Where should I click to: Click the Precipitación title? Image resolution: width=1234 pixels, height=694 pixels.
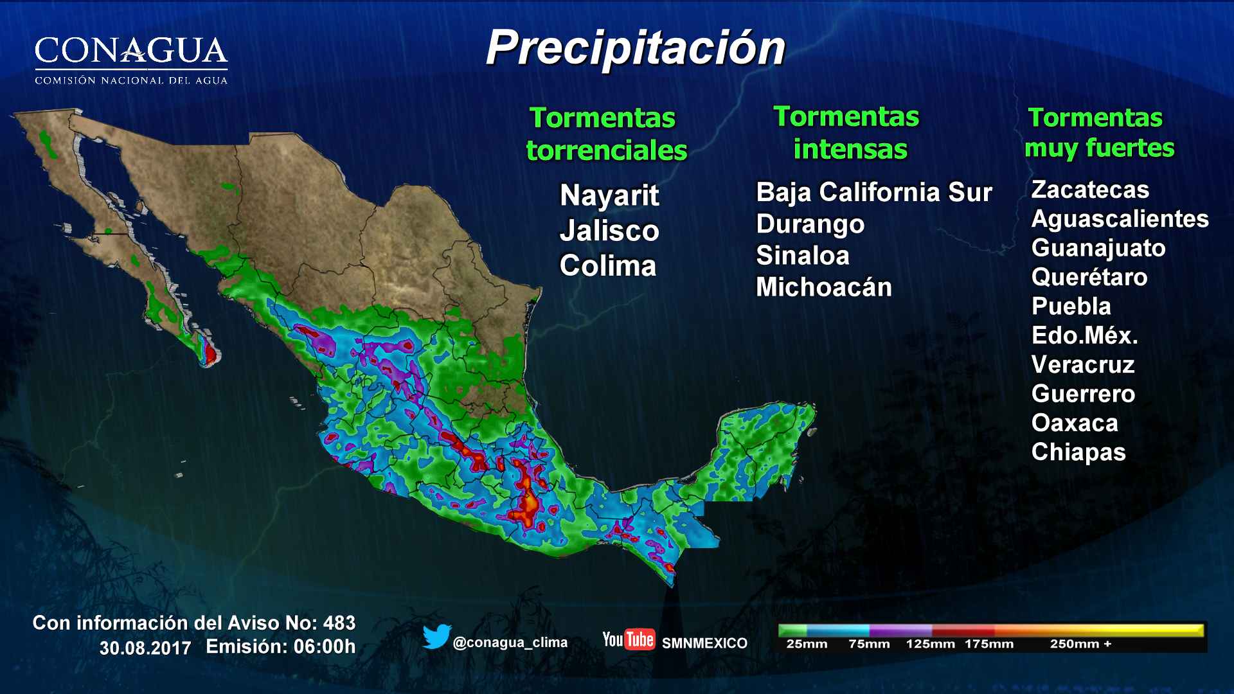pyautogui.click(x=635, y=49)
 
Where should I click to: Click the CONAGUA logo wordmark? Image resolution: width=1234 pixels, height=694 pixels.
pyautogui.click(x=131, y=51)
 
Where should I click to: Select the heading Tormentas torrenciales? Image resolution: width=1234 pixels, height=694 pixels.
pyautogui.click(x=606, y=134)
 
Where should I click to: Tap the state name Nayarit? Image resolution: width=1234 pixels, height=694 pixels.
pyautogui.click(x=609, y=195)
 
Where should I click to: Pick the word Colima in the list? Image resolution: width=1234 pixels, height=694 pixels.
pyautogui.click(x=607, y=266)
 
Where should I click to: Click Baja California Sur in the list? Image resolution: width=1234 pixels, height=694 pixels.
pyautogui.click(x=873, y=192)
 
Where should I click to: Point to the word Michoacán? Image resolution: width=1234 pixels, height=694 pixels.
pyautogui.click(x=823, y=287)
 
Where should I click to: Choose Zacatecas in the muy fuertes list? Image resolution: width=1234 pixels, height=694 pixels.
pyautogui.click(x=1089, y=190)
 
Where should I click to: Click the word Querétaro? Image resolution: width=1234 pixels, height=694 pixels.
pyautogui.click(x=1089, y=277)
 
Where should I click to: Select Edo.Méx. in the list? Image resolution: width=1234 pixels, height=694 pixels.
pyautogui.click(x=1084, y=335)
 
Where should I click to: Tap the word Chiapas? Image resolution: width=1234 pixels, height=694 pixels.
pyautogui.click(x=1078, y=452)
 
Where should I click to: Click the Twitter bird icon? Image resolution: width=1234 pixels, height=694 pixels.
pyautogui.click(x=436, y=637)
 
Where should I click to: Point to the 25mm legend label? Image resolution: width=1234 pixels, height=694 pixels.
pyautogui.click(x=806, y=644)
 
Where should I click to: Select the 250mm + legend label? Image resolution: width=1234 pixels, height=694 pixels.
pyautogui.click(x=1080, y=644)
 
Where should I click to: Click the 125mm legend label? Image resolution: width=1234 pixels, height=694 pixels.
pyautogui.click(x=929, y=644)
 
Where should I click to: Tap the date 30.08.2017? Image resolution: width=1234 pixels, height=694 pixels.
pyautogui.click(x=145, y=648)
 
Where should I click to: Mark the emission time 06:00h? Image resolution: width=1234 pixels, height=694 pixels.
pyautogui.click(x=325, y=646)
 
